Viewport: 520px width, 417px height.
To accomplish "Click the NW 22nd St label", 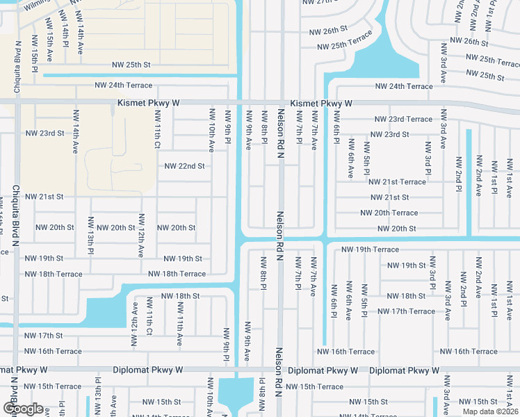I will pos(184,166).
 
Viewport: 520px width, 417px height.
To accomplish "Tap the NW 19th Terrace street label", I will pos(371,249).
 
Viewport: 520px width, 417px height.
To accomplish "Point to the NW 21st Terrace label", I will pos(397,181).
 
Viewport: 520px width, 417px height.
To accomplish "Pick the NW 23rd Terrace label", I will pos(403,119).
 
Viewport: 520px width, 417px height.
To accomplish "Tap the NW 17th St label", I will pos(44,335).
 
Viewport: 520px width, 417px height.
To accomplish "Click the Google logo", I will pos(23,409).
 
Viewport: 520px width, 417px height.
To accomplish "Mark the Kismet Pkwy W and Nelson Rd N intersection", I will pos(282,103).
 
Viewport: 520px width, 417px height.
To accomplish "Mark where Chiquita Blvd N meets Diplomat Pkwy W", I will pos(14,370).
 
